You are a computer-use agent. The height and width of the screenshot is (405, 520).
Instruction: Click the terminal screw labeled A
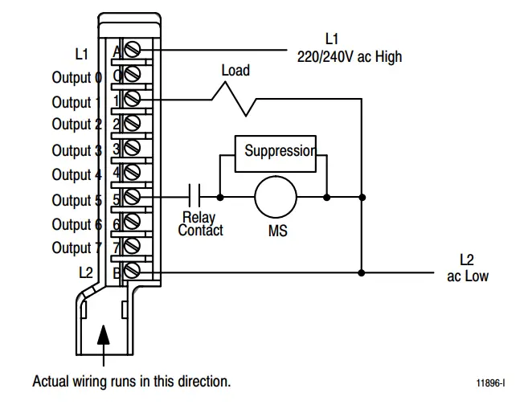(x=133, y=50)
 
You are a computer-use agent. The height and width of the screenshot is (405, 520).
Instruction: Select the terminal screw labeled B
(x=133, y=272)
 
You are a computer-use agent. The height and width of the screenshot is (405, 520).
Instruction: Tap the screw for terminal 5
(x=133, y=197)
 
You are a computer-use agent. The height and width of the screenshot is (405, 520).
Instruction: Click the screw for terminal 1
(x=133, y=99)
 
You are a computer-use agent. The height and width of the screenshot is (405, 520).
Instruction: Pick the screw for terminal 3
(x=133, y=149)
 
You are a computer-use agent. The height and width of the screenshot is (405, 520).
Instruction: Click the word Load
(x=235, y=71)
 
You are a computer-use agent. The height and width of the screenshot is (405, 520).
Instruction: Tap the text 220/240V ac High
(x=349, y=57)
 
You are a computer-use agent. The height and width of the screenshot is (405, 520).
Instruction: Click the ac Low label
(x=467, y=276)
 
